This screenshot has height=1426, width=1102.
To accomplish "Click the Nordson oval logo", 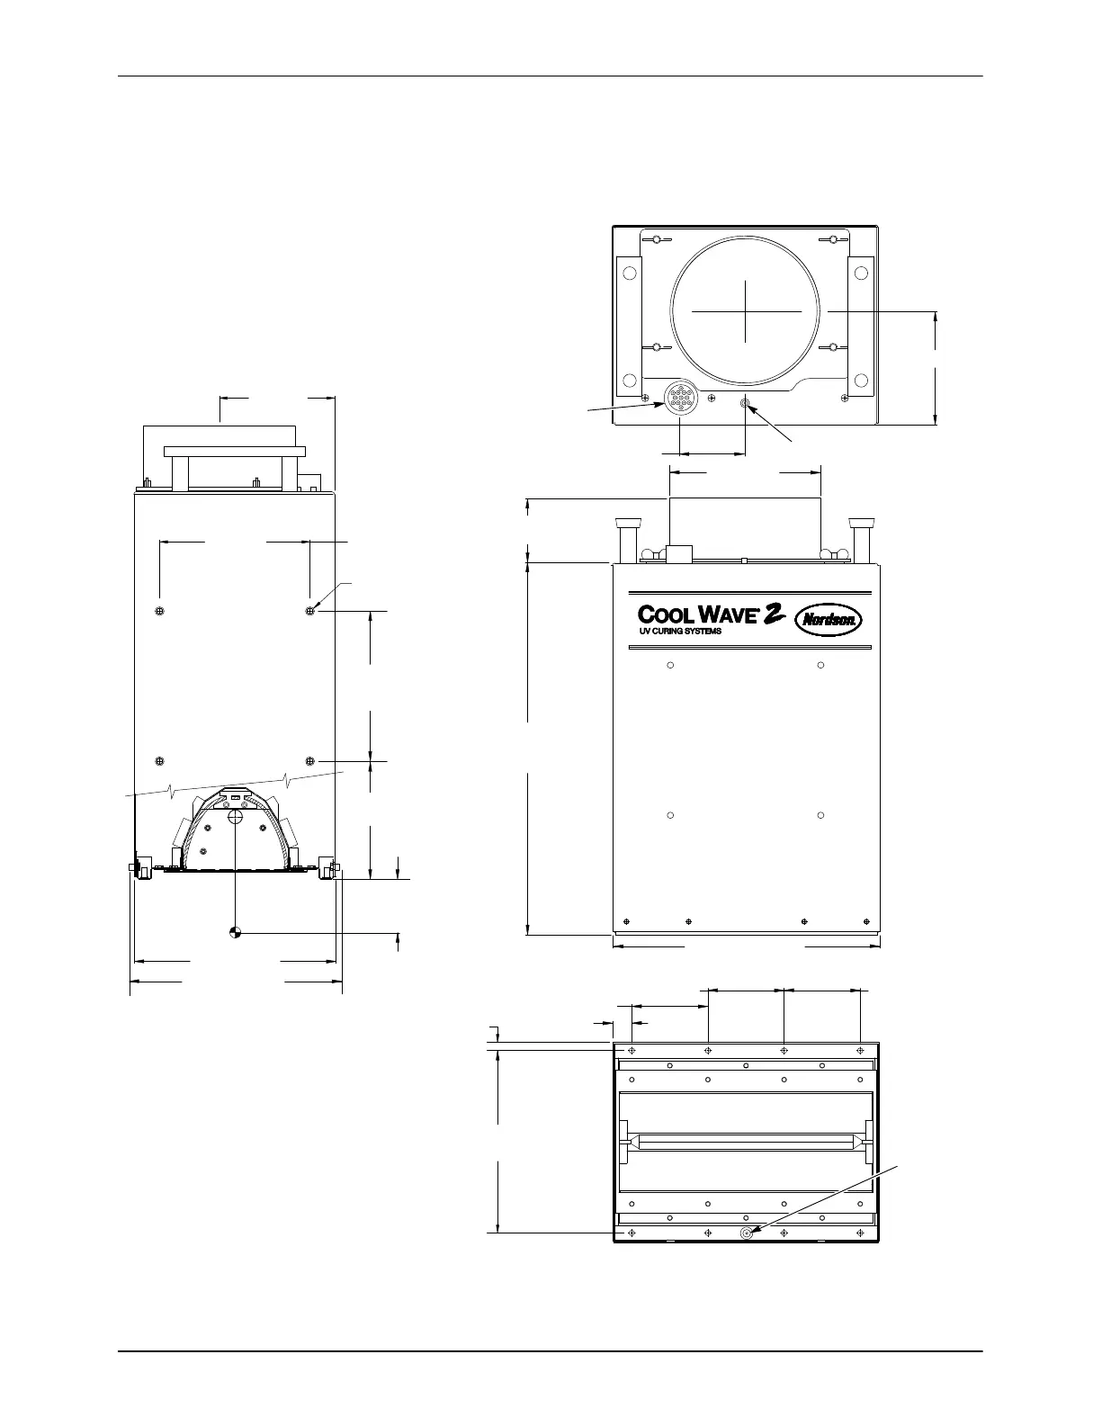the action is point(829,620).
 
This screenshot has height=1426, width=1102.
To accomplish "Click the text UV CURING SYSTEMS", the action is point(680,632).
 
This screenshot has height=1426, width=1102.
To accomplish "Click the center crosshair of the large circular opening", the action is point(746,311).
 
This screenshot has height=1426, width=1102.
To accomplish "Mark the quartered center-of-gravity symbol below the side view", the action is point(236,932).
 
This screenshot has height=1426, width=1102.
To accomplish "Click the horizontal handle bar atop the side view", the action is point(235,452).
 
